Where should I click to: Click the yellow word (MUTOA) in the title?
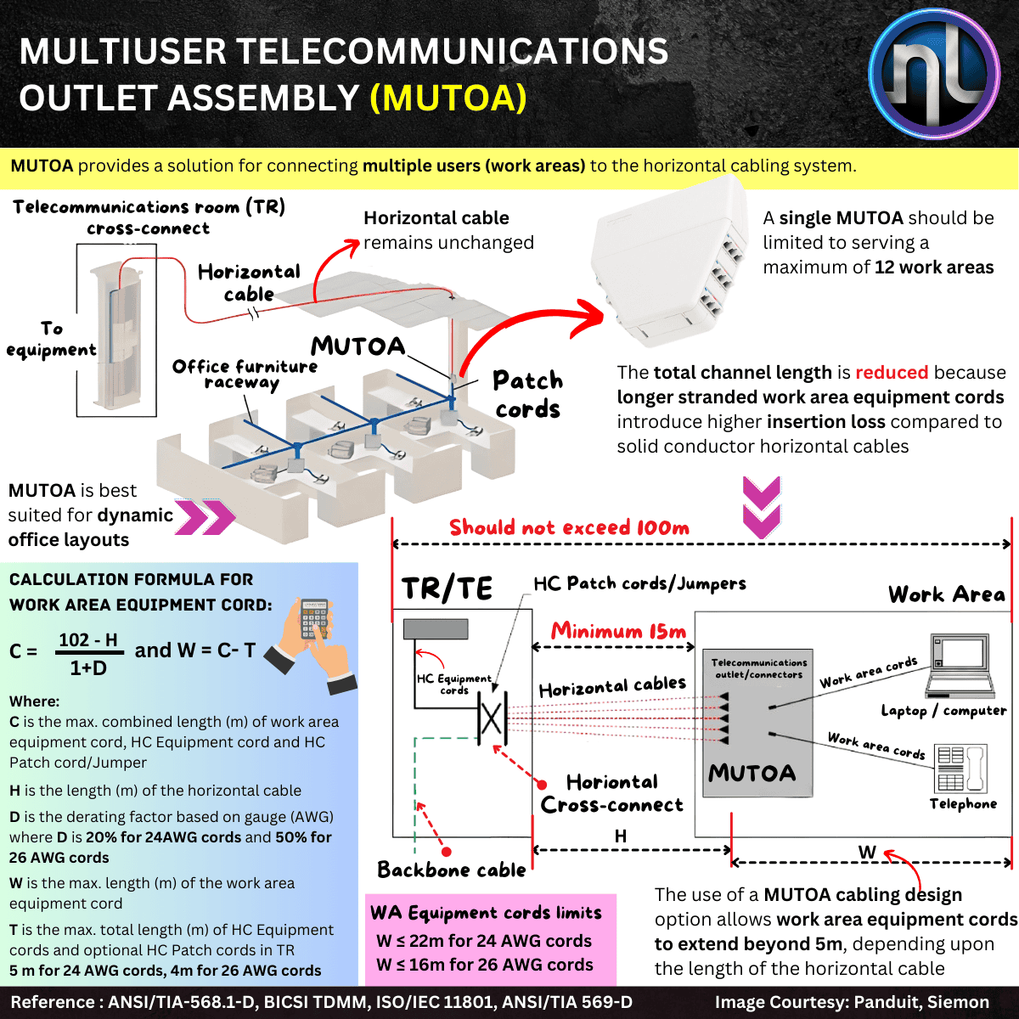point(448,98)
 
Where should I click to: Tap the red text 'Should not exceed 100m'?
point(569,527)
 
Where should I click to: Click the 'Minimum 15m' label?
point(618,631)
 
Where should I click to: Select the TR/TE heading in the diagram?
point(447,588)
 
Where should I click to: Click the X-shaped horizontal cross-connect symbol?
point(492,718)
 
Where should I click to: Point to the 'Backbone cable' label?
point(452,870)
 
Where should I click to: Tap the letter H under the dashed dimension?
point(621,836)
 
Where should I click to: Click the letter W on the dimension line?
point(867,852)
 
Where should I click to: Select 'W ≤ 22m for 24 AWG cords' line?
point(484,941)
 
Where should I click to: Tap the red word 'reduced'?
point(892,373)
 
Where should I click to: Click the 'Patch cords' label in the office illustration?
point(528,395)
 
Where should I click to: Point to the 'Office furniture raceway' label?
point(245,374)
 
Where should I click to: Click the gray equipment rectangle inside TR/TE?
point(436,629)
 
